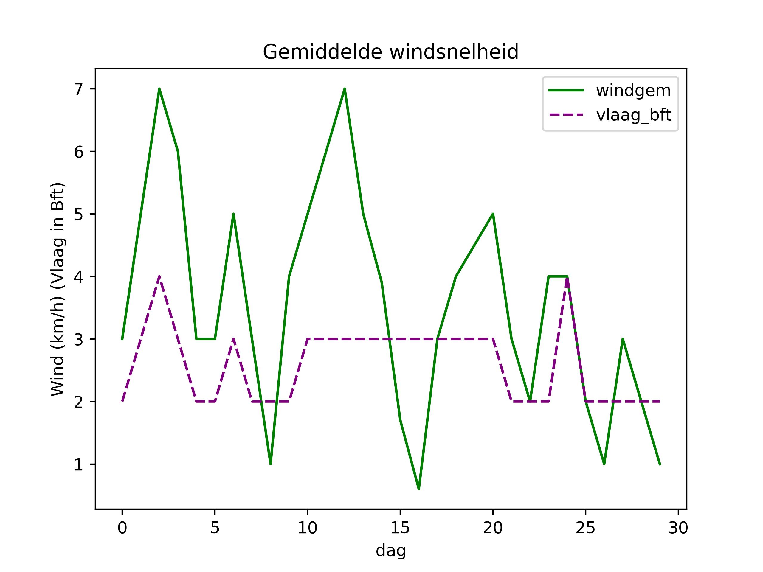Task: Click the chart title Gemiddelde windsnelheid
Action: [x=390, y=52]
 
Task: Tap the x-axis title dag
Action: [x=390, y=551]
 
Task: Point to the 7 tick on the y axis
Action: [x=79, y=89]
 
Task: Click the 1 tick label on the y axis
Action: [x=79, y=464]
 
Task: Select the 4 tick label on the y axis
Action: [x=79, y=277]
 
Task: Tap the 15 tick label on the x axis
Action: [x=400, y=528]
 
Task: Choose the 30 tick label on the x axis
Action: [x=678, y=528]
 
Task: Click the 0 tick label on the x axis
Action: [x=122, y=528]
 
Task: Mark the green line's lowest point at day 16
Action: [x=419, y=489]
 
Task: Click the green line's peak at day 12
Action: [x=345, y=89]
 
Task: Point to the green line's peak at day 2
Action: [x=159, y=89]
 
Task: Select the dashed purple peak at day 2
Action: [x=159, y=276]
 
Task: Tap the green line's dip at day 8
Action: [x=270, y=464]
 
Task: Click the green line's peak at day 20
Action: [x=493, y=214]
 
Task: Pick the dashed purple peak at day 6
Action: [x=234, y=339]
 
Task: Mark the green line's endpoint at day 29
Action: [x=660, y=464]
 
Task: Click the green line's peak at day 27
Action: [x=623, y=339]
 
